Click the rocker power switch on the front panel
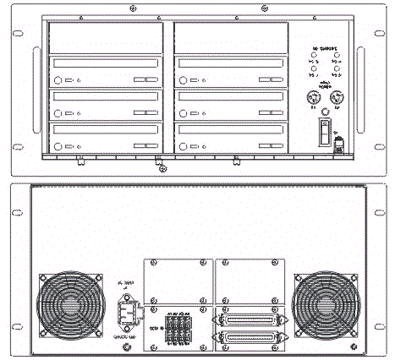pyautogui.click(x=323, y=131)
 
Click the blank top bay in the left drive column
pyautogui.click(x=106, y=38)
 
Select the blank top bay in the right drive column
pyautogui.click(x=230, y=38)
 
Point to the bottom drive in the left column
pyautogui.click(x=106, y=138)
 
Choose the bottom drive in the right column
pyautogui.click(x=230, y=138)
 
